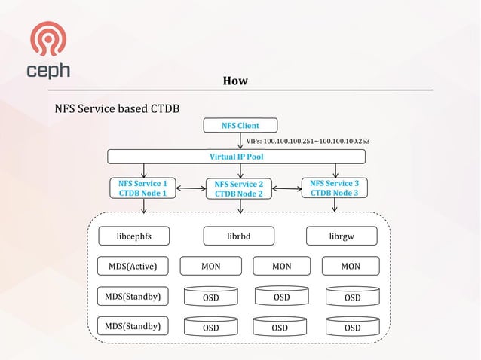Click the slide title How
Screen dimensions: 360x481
pyautogui.click(x=235, y=81)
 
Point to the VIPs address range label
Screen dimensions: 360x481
pyautogui.click(x=308, y=141)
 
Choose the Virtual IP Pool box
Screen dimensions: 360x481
pyautogui.click(x=236, y=157)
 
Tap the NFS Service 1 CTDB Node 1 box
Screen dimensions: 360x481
pyautogui.click(x=143, y=188)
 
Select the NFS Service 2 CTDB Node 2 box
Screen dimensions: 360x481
pyautogui.click(x=239, y=189)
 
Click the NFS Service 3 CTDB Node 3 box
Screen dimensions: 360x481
pyautogui.click(x=334, y=188)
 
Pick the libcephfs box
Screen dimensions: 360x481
pyautogui.click(x=133, y=236)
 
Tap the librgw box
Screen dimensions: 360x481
pyautogui.click(x=341, y=236)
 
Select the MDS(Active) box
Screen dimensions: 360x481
pyautogui.click(x=133, y=266)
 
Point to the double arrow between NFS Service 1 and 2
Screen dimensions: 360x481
pyautogui.click(x=191, y=188)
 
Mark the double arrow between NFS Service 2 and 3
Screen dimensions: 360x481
pyautogui.click(x=286, y=188)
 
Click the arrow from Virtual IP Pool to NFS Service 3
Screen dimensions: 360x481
pyautogui.click(x=334, y=170)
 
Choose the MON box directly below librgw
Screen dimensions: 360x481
pyautogui.click(x=349, y=266)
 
